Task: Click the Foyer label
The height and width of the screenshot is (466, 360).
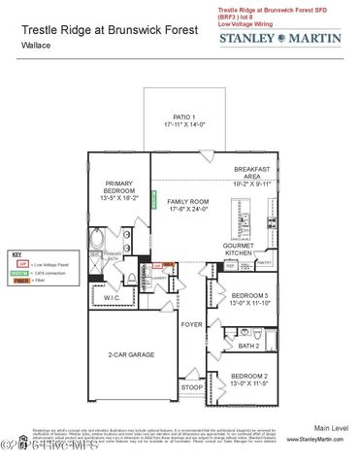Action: [x=192, y=325]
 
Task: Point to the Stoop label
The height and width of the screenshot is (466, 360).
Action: [x=192, y=387]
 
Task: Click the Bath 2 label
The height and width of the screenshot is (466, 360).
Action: [x=248, y=345]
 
